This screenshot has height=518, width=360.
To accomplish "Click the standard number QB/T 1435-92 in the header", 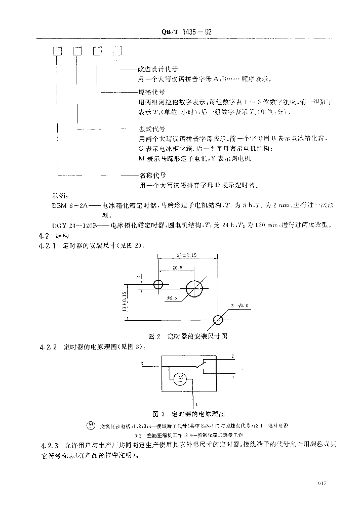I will (186, 31).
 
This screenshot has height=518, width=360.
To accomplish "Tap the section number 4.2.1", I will (50, 245).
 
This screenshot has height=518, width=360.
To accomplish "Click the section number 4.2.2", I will (50, 348).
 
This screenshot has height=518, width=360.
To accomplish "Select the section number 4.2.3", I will (50, 445).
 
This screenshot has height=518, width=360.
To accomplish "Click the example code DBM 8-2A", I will (70, 206).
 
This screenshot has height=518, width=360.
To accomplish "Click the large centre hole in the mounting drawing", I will (194, 289).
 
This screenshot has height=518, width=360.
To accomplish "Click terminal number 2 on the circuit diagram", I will (231, 357).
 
